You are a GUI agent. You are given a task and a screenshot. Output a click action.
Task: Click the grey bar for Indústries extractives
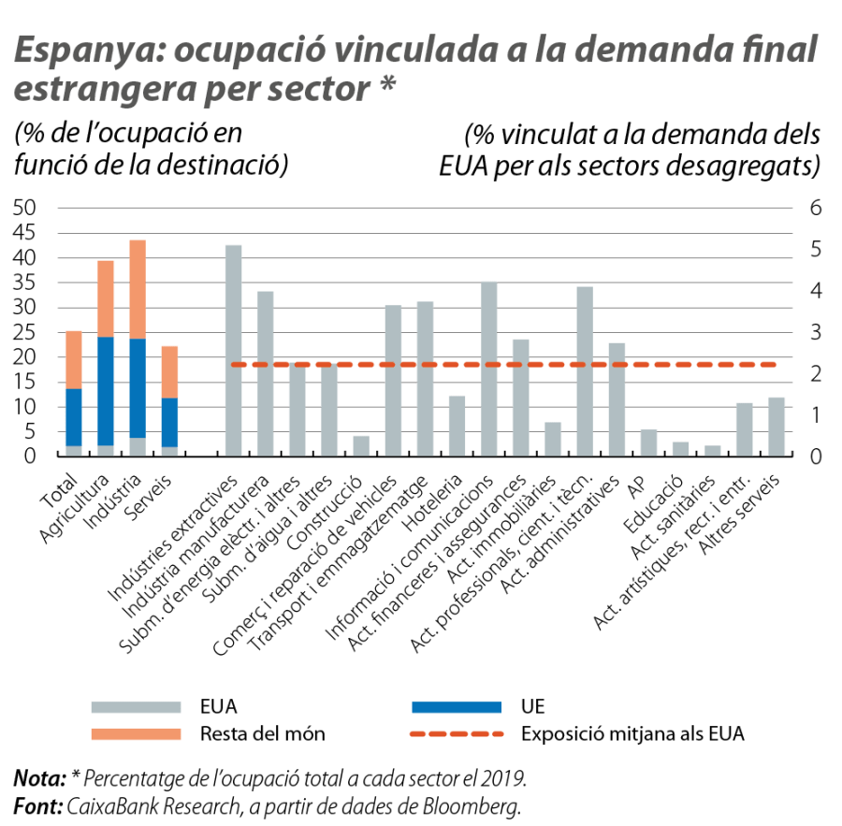click(233, 351)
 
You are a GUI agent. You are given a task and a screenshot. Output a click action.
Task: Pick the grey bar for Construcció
click(361, 446)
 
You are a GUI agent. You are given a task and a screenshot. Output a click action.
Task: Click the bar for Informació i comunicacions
click(488, 369)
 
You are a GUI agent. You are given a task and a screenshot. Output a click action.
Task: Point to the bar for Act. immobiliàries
click(553, 440)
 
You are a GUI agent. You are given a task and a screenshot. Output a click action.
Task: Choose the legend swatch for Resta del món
click(136, 733)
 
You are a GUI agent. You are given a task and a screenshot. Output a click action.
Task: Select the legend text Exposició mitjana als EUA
click(632, 733)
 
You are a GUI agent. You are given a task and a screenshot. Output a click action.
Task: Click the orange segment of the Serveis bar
click(169, 371)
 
